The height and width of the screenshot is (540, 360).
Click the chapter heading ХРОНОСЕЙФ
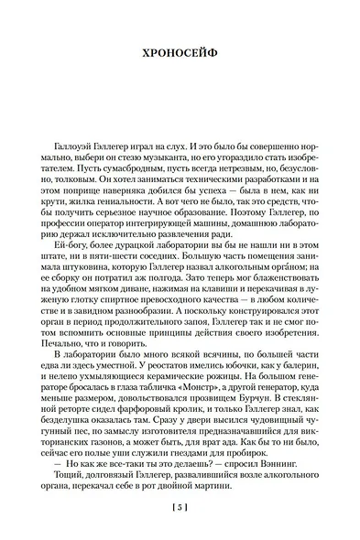tap(179, 53)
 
